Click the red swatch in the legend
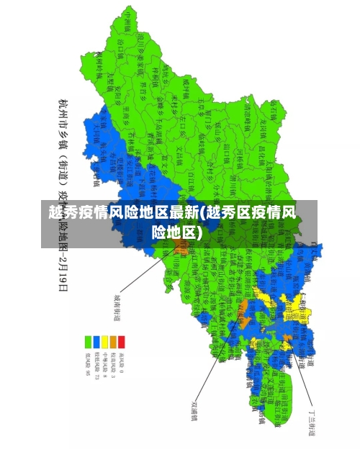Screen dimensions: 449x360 (x=122, y=341)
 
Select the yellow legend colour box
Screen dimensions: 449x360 (x=104, y=341)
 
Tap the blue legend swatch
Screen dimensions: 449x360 (x=96, y=341)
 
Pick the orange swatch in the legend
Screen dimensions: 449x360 (x=113, y=341)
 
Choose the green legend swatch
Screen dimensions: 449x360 (x=87, y=341)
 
